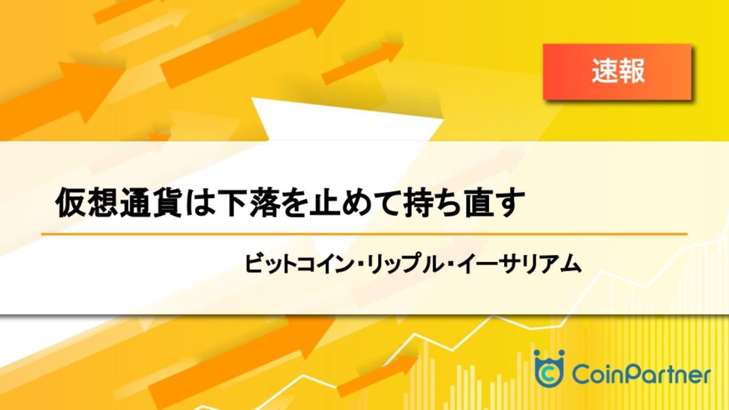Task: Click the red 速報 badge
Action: tap(617, 72)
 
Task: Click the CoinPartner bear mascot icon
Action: tap(549, 368)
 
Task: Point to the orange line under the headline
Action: tap(364, 234)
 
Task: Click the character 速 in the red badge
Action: tap(604, 70)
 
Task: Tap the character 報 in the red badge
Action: tap(631, 70)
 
